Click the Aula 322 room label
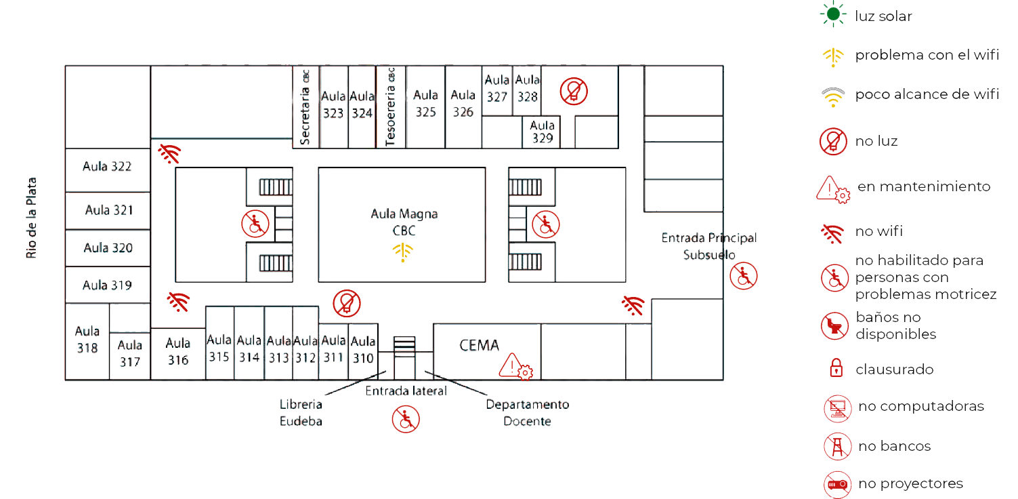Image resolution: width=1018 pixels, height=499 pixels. [x=107, y=166]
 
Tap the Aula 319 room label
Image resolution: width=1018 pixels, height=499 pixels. [x=107, y=285]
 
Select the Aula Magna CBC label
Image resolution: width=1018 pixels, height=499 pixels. [x=404, y=222]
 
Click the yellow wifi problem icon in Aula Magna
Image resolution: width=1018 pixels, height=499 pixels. [x=402, y=252]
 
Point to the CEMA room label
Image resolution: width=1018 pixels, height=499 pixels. [x=479, y=345]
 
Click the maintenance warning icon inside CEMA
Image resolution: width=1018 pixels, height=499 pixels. [x=515, y=366]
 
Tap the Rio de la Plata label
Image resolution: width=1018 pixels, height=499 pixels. [x=31, y=218]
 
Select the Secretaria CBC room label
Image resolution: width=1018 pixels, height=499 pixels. [x=305, y=107]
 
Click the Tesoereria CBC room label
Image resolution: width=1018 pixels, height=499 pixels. [x=390, y=106]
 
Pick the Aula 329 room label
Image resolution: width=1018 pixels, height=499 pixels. [x=542, y=132]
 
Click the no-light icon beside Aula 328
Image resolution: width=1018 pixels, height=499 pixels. [x=574, y=91]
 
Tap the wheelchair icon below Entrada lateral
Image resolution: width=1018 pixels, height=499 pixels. [x=405, y=418]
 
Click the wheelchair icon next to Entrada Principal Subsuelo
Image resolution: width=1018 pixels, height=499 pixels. [x=743, y=276]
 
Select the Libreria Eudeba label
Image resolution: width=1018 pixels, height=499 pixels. [x=301, y=412]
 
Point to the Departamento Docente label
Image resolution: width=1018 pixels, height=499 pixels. [x=527, y=412]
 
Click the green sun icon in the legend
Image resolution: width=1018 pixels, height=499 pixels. [x=832, y=14]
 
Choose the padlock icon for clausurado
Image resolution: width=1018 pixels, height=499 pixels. [x=836, y=368]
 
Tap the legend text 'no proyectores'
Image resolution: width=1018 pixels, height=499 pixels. [x=910, y=483]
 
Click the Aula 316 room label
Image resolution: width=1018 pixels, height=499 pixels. [x=178, y=351]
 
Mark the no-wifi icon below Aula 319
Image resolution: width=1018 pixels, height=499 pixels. [x=178, y=301]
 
